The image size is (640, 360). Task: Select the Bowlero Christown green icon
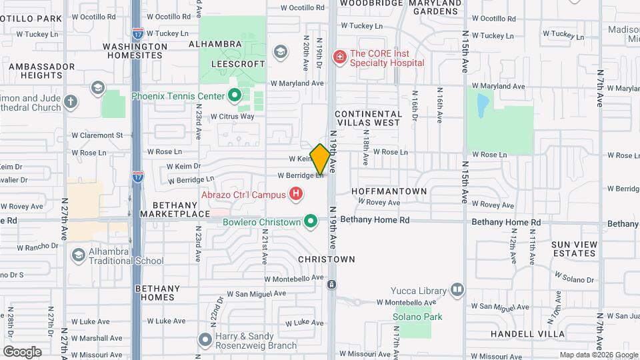point(310,221)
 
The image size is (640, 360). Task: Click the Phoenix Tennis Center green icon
point(234,96)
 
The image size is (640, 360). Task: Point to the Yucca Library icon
point(457,289)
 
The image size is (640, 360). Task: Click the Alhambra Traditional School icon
point(79,255)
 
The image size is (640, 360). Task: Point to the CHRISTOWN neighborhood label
point(327,259)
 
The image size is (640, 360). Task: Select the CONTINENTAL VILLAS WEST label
point(369,119)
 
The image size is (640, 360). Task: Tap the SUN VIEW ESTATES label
point(574,249)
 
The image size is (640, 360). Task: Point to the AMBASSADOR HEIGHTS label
point(41,71)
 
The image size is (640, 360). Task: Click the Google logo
point(22,351)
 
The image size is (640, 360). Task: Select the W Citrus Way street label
point(233,117)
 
